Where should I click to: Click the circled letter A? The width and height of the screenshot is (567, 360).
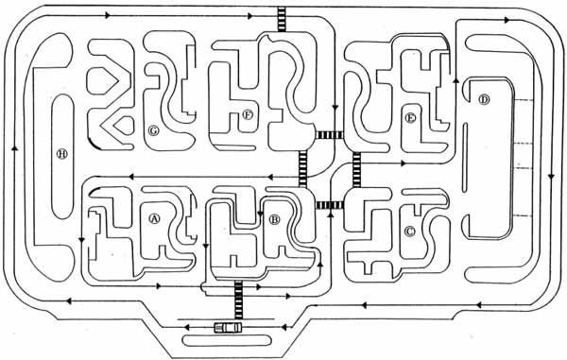coord(154,218)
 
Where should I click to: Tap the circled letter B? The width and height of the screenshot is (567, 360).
coord(274,219)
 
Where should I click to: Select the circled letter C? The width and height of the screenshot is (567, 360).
coord(410,231)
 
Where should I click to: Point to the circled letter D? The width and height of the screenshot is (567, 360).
coord(484,99)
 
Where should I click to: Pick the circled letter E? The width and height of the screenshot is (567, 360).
coord(410,118)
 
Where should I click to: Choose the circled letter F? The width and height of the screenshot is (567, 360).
coord(248,115)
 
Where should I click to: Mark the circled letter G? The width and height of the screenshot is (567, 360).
coord(154,130)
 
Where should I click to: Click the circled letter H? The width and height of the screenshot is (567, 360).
coord(62,154)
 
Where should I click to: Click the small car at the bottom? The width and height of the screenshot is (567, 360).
coord(228,328)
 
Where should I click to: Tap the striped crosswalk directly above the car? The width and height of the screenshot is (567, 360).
coord(238,300)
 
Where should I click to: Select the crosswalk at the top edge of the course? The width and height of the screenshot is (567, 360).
coord(282,20)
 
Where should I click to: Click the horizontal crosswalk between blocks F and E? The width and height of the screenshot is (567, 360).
coord(330,135)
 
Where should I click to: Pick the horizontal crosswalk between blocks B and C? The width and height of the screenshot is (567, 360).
coord(330,205)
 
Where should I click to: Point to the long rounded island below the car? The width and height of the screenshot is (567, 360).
coord(227,340)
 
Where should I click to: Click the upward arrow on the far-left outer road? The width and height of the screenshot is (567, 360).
coord(15,147)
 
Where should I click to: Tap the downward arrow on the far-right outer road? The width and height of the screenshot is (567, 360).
coord(551,177)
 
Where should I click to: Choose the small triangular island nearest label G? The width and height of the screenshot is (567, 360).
coord(124,126)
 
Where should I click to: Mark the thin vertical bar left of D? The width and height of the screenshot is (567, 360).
coord(465,157)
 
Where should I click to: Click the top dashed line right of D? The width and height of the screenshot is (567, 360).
coord(524,100)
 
